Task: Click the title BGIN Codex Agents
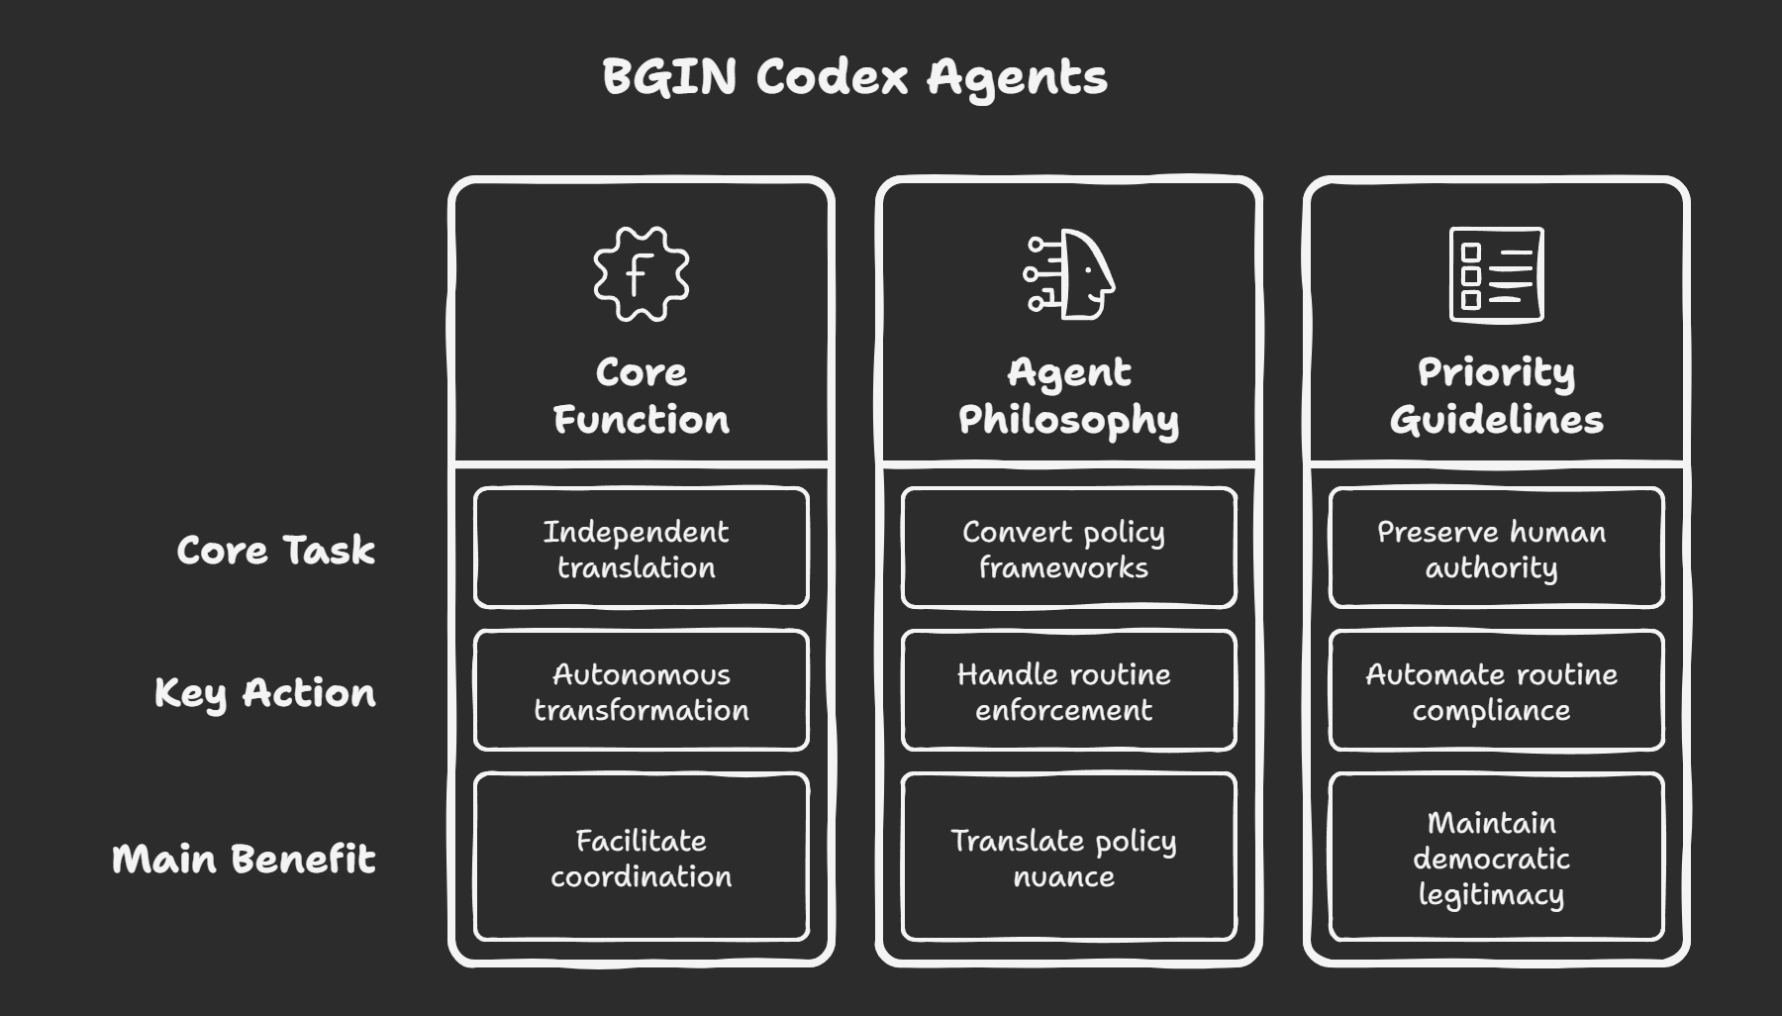click(x=854, y=77)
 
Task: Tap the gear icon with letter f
click(x=641, y=274)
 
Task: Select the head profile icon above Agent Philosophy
click(x=1069, y=274)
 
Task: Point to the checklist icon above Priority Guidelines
click(x=1496, y=274)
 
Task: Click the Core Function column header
click(x=641, y=396)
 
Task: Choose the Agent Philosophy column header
click(x=1069, y=396)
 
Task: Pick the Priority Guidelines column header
click(x=1496, y=396)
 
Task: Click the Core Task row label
click(x=275, y=550)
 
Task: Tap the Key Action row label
click(x=264, y=692)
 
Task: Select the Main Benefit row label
click(x=244, y=858)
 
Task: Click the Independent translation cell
click(x=641, y=549)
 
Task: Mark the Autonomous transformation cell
click(x=641, y=691)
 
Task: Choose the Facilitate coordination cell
click(x=641, y=858)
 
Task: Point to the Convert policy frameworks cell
click(x=1068, y=549)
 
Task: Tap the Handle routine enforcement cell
click(x=1068, y=691)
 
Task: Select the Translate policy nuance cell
click(x=1068, y=858)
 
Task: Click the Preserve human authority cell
click(x=1496, y=549)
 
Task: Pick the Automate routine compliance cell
click(x=1496, y=691)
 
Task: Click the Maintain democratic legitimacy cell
click(x=1496, y=858)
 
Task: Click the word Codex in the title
click(x=832, y=77)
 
